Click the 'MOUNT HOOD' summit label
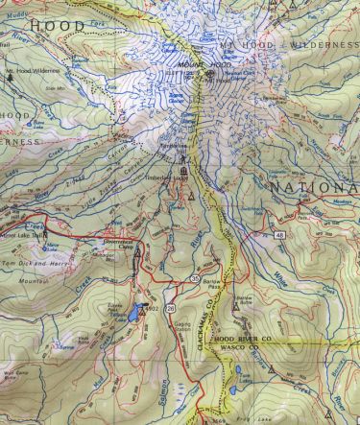click(196, 61)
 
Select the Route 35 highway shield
click(194, 277)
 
